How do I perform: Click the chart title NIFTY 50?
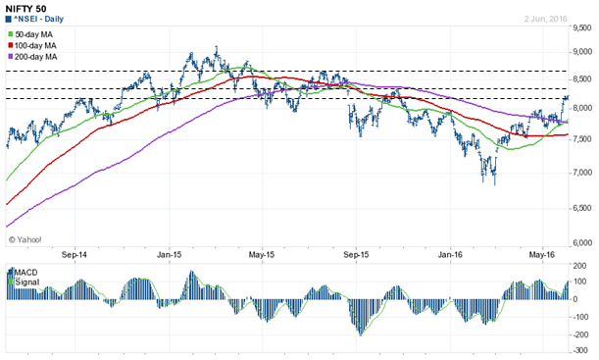[x=26, y=9]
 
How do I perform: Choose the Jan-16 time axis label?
[x=450, y=255]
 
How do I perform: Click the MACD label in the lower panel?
[x=24, y=271]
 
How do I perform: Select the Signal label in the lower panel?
[x=25, y=281]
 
